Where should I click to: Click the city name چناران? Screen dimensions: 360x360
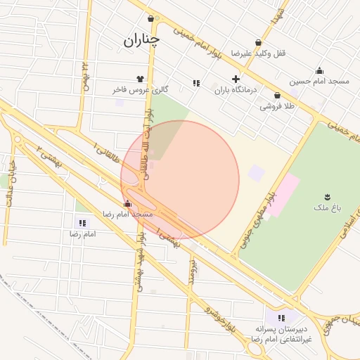(x=141, y=40)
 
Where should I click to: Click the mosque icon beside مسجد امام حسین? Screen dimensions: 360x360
(x=319, y=70)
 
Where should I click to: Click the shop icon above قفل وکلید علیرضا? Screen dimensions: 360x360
(x=258, y=43)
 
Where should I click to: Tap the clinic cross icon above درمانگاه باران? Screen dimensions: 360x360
(x=236, y=79)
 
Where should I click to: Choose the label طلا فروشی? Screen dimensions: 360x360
(x=277, y=106)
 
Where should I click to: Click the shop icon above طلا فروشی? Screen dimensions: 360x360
(x=277, y=96)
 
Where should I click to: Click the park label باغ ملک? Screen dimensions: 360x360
(x=327, y=208)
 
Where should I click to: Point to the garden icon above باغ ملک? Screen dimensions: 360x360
(x=327, y=196)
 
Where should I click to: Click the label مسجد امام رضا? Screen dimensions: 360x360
(x=127, y=213)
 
